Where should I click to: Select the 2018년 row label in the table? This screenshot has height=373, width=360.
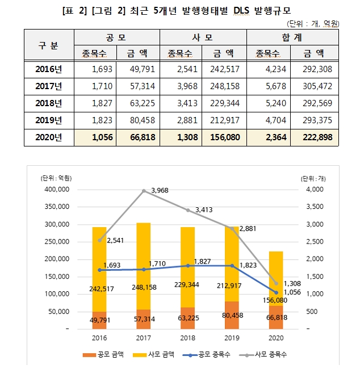click(49, 104)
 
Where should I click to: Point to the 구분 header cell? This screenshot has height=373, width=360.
click(49, 45)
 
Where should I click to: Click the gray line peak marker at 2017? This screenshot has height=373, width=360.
click(144, 191)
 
